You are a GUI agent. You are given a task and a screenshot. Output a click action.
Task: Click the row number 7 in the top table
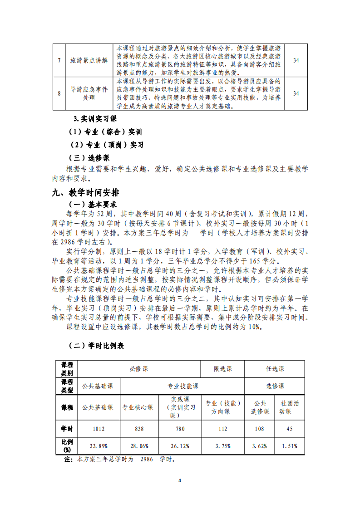pos(59,60)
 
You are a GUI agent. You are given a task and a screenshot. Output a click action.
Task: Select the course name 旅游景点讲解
pos(89,60)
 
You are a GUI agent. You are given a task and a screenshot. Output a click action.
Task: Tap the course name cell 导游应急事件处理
pos(89,93)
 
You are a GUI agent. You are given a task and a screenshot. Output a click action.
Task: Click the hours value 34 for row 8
pos(296,93)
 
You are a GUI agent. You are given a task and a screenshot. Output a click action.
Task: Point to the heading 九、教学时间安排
pos(85,193)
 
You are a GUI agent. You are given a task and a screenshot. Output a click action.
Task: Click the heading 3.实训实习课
pos(95,119)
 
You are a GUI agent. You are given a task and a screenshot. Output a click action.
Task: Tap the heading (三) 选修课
pos(89,158)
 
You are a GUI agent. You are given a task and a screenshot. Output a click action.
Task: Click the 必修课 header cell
pos(139,369)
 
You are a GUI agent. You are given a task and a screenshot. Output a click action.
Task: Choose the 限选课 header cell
pos(223,369)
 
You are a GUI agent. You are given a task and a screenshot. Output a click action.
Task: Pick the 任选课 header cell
pos(275,369)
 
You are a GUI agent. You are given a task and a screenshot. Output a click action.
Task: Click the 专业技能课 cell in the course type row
pos(183,386)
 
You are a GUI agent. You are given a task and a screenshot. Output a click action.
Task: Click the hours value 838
pos(139,428)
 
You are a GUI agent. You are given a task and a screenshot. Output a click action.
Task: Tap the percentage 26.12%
pos(180,446)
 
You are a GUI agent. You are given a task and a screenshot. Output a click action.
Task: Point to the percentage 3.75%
pos(223,446)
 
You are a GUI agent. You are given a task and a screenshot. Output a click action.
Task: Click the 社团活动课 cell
pos(290,407)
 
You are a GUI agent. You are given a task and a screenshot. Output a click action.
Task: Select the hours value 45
pos(290,428)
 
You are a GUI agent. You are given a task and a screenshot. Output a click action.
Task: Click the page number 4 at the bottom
pos(180,480)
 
